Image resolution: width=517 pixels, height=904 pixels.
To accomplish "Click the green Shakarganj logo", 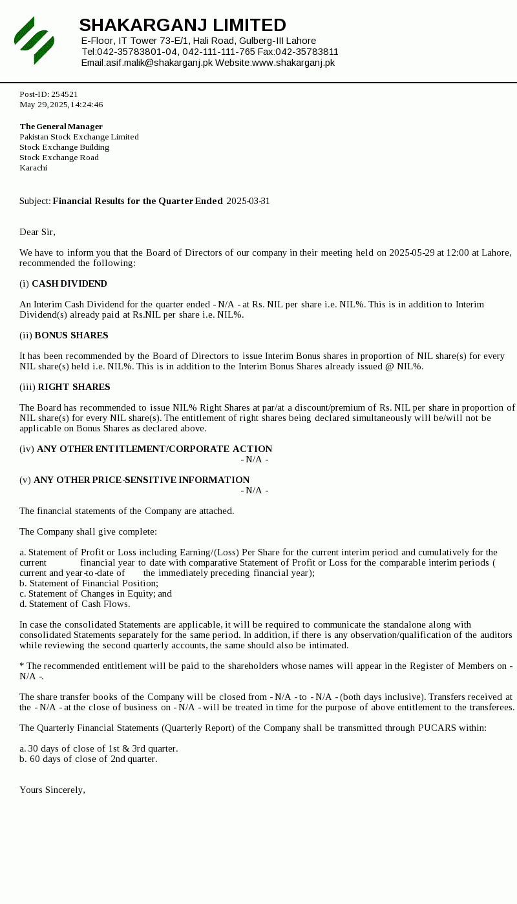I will coord(34,41).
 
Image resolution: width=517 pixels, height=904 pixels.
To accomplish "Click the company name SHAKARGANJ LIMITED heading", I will coord(182,25).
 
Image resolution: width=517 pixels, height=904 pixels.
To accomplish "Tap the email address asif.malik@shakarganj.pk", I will coord(159,63).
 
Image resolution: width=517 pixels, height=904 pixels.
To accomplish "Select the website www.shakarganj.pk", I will coord(293,63).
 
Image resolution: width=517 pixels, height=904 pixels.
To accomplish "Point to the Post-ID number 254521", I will coord(65,94).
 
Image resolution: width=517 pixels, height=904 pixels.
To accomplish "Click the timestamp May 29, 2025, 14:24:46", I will coord(61,105).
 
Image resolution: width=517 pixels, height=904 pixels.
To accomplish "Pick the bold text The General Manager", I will coord(61,127).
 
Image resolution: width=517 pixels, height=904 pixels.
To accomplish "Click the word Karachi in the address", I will coord(34,168).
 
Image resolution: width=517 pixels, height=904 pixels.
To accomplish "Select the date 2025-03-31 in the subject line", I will coord(248,201).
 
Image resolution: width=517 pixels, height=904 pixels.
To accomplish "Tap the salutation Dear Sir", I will coord(37,232).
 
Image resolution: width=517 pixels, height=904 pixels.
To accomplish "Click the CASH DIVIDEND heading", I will coord(69,283).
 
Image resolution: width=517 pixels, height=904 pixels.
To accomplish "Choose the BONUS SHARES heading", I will coord(71,335).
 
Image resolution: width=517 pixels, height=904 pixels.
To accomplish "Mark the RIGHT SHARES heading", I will coord(74,387).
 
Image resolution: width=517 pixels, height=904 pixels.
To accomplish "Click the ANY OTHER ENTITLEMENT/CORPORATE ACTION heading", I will coord(154,449).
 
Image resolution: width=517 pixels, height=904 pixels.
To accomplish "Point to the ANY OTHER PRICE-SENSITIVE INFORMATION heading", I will coord(142,480).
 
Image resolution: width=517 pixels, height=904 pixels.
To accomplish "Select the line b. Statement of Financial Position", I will coord(89,583).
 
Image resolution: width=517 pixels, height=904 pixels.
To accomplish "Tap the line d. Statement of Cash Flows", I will coord(75,604).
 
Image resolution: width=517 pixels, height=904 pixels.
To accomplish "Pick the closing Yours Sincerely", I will coord(52,790).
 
